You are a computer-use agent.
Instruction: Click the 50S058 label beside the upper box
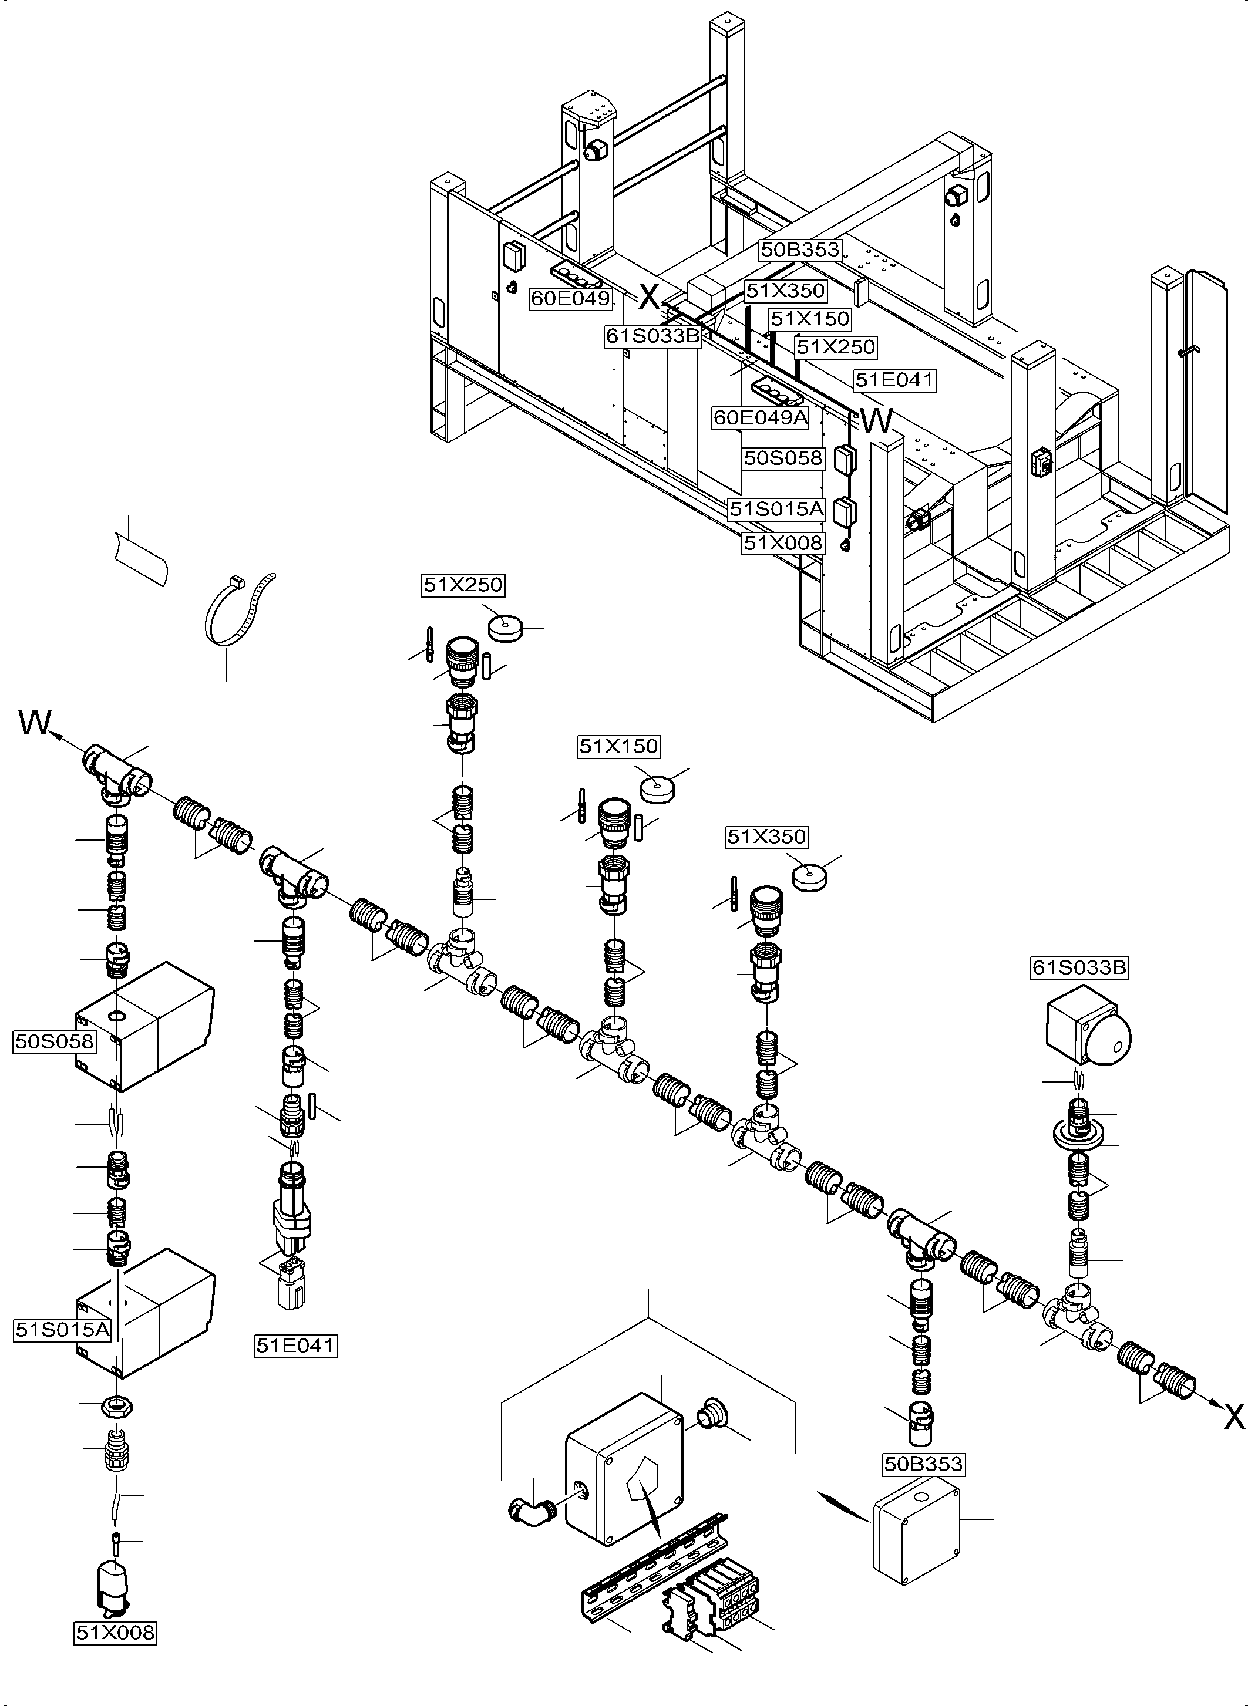tap(55, 1041)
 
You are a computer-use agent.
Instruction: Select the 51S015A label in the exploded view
tap(62, 1329)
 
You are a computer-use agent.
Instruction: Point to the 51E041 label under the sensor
tap(295, 1345)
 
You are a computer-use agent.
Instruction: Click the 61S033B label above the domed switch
tap(1079, 967)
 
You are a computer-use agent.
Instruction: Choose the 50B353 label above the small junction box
tap(924, 1464)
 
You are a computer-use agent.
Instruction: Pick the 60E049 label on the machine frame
tap(570, 298)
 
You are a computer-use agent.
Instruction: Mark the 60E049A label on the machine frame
tap(760, 417)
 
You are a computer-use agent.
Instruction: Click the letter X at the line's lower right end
tap(1234, 1418)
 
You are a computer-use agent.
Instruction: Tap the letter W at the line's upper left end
tap(34, 723)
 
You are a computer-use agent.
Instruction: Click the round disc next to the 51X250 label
tap(506, 627)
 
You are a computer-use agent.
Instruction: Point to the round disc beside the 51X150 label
tap(657, 788)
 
